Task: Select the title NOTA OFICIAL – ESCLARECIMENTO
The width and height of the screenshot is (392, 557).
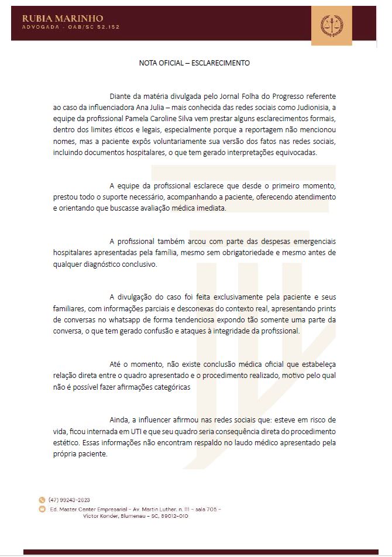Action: [x=195, y=63]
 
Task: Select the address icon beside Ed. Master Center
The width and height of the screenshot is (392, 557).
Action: [x=42, y=509]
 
